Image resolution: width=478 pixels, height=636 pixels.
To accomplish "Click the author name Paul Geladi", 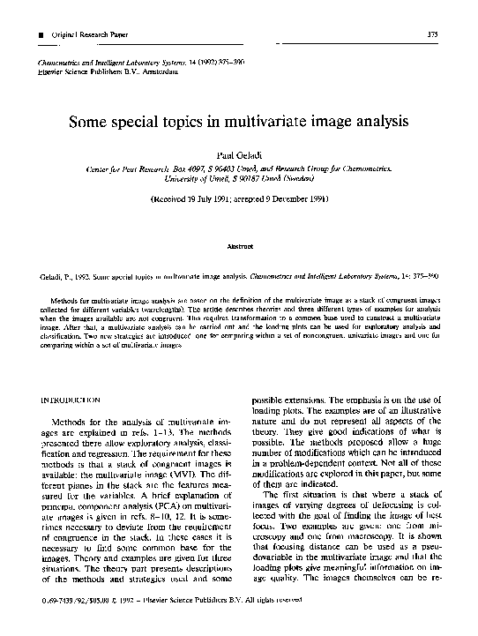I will pyautogui.click(x=238, y=155).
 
